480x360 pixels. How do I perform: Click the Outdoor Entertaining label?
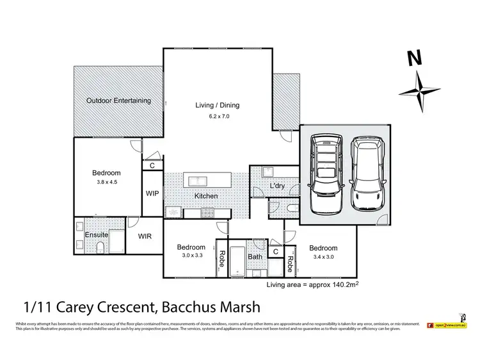point(118,101)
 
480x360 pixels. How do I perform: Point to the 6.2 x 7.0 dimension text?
point(218,117)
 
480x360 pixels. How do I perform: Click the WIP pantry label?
point(152,193)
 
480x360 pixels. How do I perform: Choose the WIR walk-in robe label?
point(145,236)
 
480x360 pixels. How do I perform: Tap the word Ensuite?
point(96,235)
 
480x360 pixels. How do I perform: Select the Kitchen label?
point(207,196)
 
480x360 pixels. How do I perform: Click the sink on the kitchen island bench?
point(195,179)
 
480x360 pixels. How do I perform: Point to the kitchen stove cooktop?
point(208,213)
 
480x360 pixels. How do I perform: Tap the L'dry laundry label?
point(277,186)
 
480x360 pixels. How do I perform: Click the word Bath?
point(255,257)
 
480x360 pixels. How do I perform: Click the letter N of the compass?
point(415,58)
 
